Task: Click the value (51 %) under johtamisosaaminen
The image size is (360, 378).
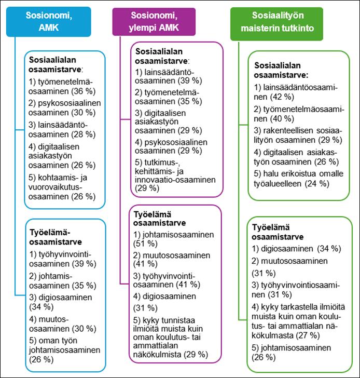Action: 146,244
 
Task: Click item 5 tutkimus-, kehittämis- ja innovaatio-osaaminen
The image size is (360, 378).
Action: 175,179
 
